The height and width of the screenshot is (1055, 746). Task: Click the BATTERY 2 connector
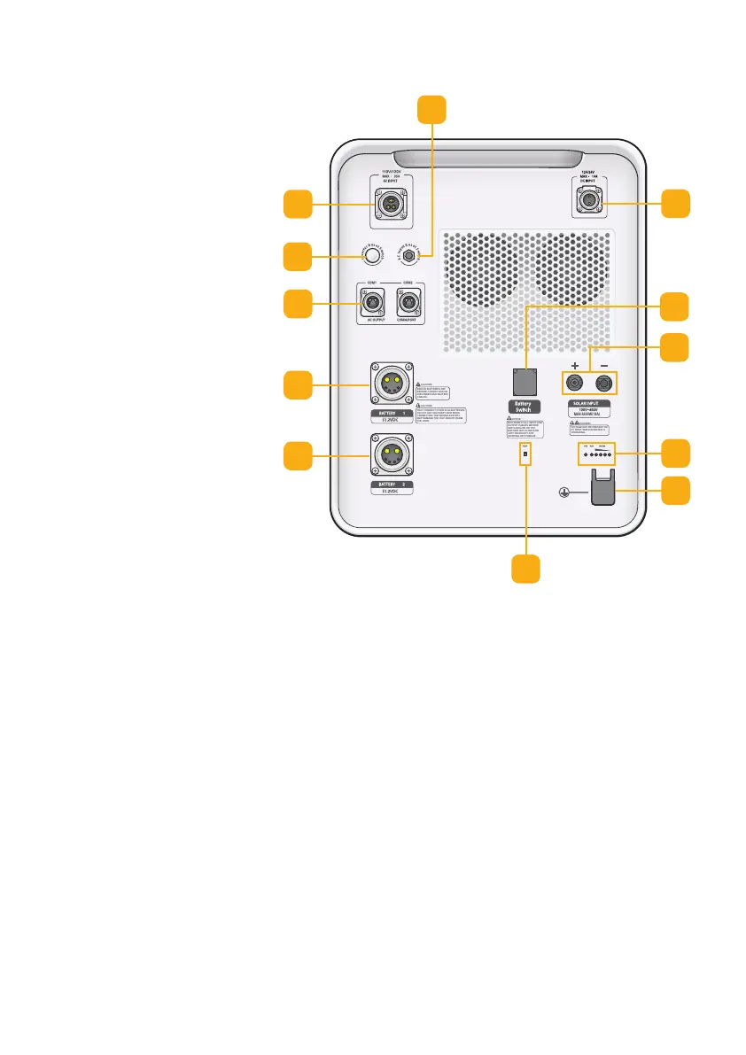tap(391, 455)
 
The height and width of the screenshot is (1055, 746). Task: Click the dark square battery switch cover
tap(526, 381)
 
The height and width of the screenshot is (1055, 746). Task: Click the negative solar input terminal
tap(605, 384)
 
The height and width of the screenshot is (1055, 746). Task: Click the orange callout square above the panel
tap(431, 109)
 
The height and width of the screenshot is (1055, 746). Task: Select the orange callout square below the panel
tap(526, 569)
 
